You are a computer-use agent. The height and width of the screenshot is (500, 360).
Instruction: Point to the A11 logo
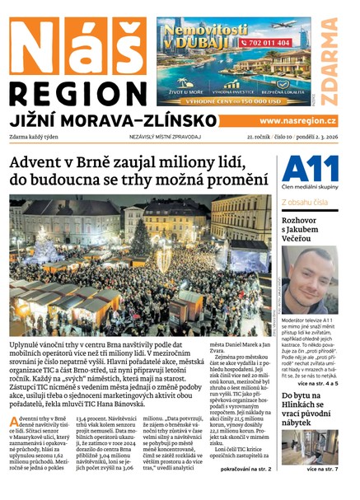tap(309, 168)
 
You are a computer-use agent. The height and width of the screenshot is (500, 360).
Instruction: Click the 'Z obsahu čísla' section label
tap(305, 201)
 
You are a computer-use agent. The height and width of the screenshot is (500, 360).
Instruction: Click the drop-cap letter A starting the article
tap(15, 401)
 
